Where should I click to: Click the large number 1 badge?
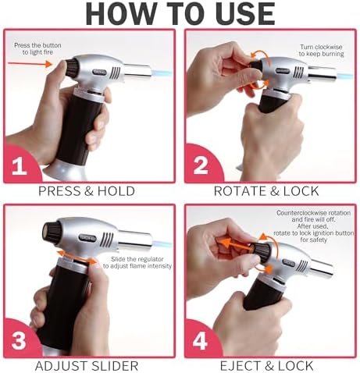click(x=20, y=166)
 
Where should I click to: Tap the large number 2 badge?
click(x=201, y=166)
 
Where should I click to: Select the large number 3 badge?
click(x=19, y=341)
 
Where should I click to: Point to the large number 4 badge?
click(x=200, y=340)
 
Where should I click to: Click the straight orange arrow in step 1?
click(x=30, y=64)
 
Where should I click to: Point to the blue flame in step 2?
click(x=346, y=76)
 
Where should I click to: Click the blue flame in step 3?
click(x=162, y=244)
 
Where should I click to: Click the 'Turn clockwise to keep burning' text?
click(x=321, y=51)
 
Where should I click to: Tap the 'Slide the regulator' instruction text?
click(x=137, y=259)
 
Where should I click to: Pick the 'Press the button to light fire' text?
click(x=37, y=48)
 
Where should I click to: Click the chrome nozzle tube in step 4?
click(x=322, y=268)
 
